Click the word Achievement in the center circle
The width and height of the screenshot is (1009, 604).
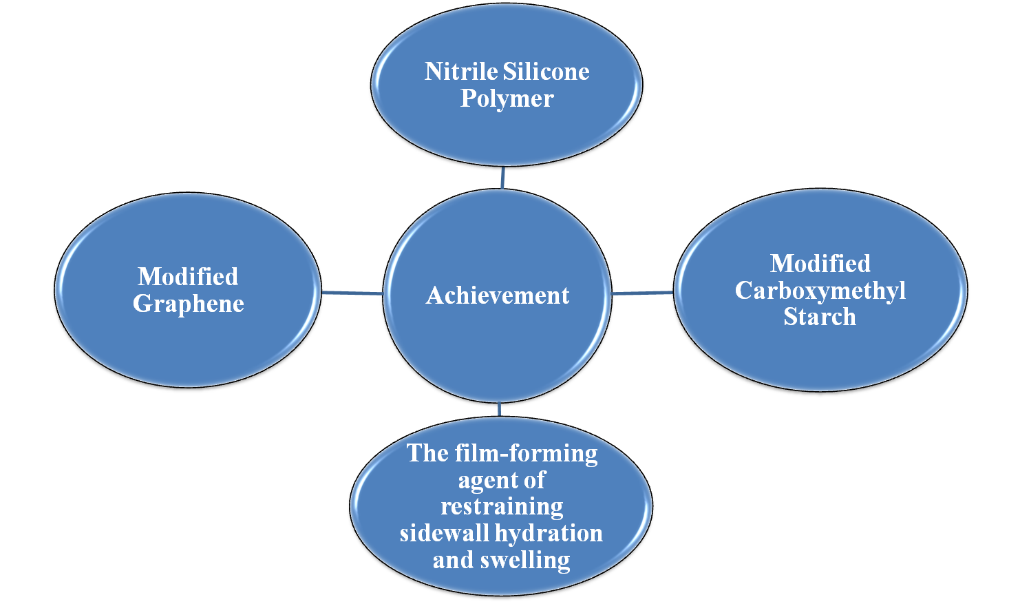click(x=498, y=295)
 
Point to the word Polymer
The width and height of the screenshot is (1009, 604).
click(x=507, y=98)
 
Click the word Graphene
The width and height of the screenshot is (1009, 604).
click(x=189, y=304)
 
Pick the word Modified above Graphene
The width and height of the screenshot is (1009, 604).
click(x=188, y=277)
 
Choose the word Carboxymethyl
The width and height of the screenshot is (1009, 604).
click(x=820, y=291)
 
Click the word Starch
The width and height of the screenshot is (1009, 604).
click(x=820, y=317)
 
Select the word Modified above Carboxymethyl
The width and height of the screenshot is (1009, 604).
click(x=820, y=264)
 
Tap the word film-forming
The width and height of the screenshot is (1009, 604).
click(x=527, y=453)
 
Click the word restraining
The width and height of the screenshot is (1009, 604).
click(x=502, y=507)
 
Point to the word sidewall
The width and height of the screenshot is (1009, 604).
click(x=444, y=533)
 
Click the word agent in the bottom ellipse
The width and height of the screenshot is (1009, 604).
click(x=485, y=480)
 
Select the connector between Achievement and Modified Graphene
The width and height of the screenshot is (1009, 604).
click(x=352, y=293)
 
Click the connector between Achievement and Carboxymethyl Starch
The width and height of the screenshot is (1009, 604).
click(x=642, y=293)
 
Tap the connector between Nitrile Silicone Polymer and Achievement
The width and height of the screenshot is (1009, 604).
click(x=503, y=178)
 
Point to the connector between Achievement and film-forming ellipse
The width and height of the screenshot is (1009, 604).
click(x=499, y=409)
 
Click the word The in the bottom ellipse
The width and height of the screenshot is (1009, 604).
click(x=427, y=453)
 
